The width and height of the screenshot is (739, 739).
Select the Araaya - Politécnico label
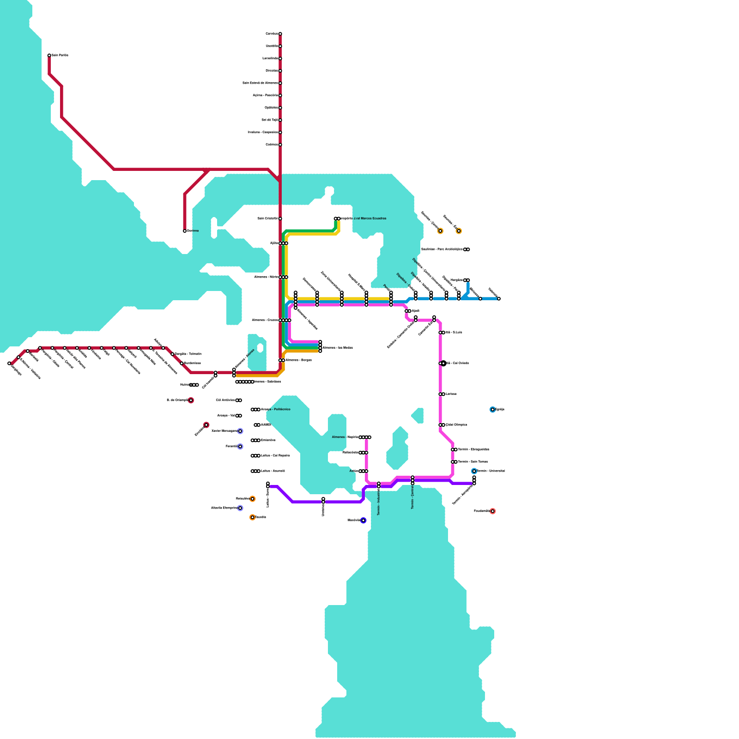point(276,409)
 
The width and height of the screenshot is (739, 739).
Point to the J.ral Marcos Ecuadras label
point(363,218)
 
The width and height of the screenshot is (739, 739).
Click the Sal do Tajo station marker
point(280,120)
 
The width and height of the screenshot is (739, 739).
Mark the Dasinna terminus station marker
point(185,231)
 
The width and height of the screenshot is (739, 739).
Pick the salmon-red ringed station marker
point(492,511)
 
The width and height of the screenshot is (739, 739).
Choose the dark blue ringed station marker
point(363,521)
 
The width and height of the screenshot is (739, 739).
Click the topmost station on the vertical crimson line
point(280,34)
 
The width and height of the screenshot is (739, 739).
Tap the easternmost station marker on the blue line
point(499,299)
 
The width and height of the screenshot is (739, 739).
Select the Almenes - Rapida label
point(345,437)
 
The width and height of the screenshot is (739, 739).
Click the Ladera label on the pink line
point(451,394)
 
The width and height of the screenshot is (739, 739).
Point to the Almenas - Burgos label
point(298,360)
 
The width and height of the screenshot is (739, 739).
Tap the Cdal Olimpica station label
point(456,425)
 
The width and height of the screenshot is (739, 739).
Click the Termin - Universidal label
point(491,471)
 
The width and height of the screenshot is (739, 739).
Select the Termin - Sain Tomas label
point(472,462)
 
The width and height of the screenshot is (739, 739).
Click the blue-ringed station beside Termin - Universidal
point(474,471)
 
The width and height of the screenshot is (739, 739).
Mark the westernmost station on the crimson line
point(9,363)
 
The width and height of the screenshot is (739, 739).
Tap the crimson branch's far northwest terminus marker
point(49,55)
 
